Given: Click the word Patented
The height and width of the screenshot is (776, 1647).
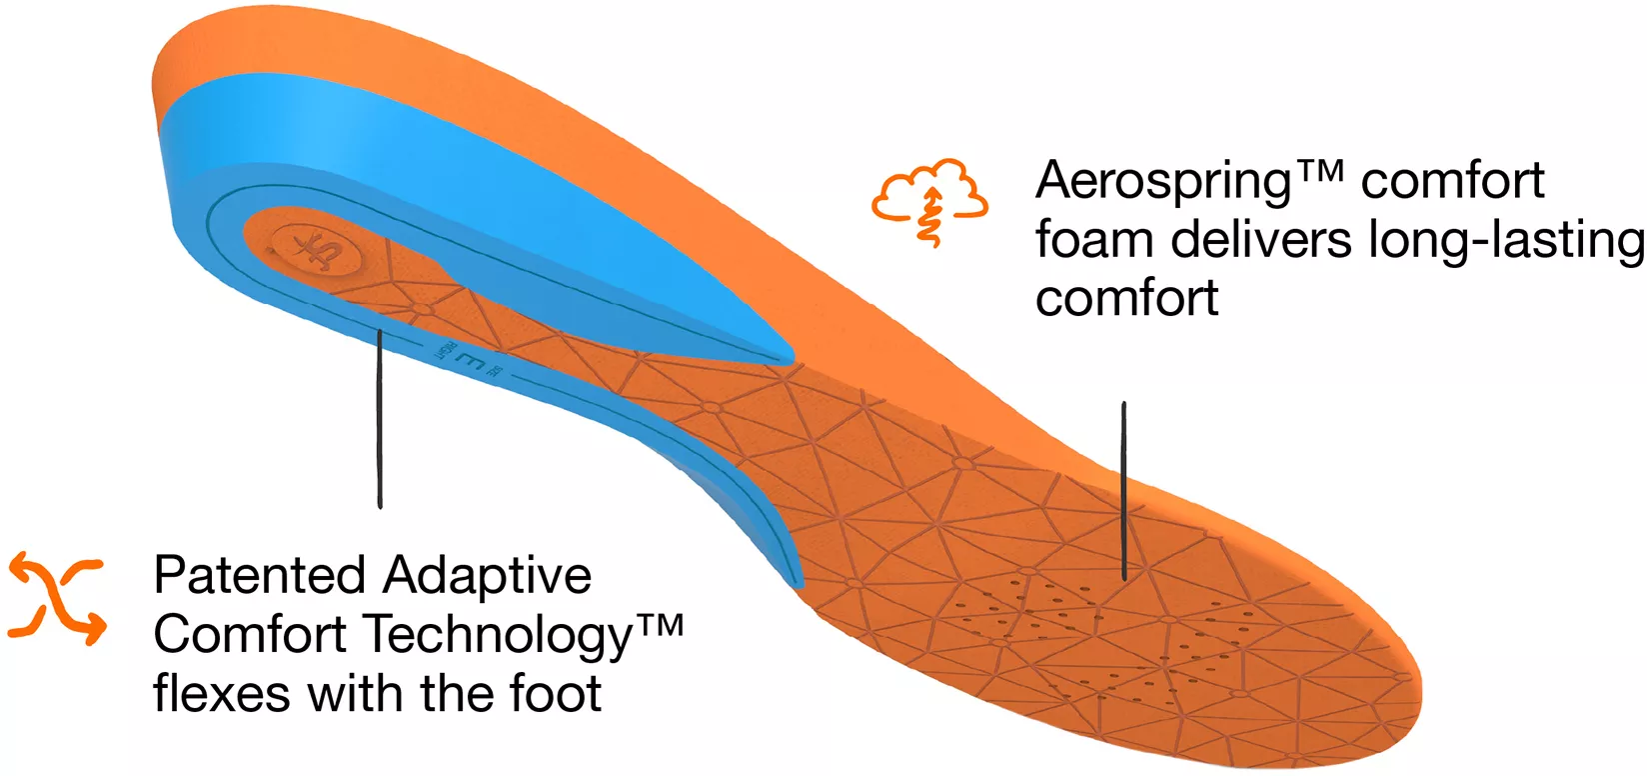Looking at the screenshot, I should point(259,576).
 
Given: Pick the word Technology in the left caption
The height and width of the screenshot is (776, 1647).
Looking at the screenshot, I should point(497,636).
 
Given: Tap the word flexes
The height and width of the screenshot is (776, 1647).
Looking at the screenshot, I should point(222,693).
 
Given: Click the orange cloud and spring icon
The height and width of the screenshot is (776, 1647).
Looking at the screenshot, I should point(929,200).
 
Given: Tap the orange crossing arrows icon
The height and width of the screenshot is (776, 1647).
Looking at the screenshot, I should point(56,597).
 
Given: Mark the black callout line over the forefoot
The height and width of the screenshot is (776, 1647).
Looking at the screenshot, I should point(1124,490).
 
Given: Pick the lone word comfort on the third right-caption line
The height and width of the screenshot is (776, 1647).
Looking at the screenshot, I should point(1126,299).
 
